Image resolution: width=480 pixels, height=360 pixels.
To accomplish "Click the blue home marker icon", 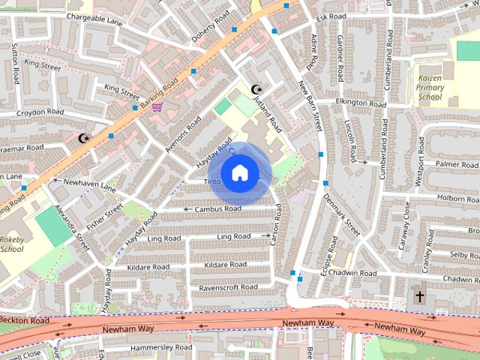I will tap(239, 173).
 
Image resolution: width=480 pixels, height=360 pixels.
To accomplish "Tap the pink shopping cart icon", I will tap(157, 108).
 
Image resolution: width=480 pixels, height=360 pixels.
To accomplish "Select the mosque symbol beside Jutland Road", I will tap(255, 88).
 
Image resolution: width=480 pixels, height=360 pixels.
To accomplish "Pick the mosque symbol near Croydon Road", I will tap(83, 138).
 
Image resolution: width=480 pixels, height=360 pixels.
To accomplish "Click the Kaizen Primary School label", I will tap(430, 87).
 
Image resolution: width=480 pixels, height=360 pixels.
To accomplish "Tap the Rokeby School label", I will tap(12, 244).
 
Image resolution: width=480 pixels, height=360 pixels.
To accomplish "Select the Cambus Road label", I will tap(217, 208).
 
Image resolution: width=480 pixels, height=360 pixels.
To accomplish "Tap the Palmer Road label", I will tap(457, 163).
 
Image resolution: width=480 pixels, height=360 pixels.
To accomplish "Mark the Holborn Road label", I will tap(457, 198).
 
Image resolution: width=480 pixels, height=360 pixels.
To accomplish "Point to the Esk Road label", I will tap(331, 16).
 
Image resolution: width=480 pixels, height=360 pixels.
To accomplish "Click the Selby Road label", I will tap(463, 255).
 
